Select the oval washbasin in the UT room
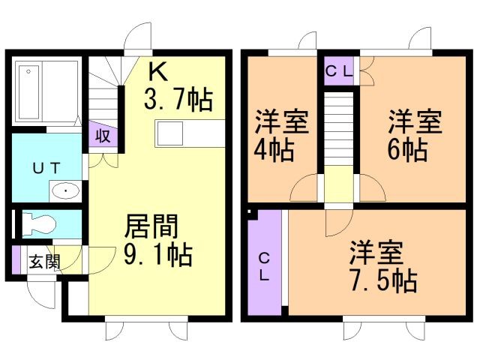pyautogui.click(x=66, y=190)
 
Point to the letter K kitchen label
pyautogui.click(x=157, y=71)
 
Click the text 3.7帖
pyautogui.click(x=178, y=99)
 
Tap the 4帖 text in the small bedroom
pyautogui.click(x=273, y=148)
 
